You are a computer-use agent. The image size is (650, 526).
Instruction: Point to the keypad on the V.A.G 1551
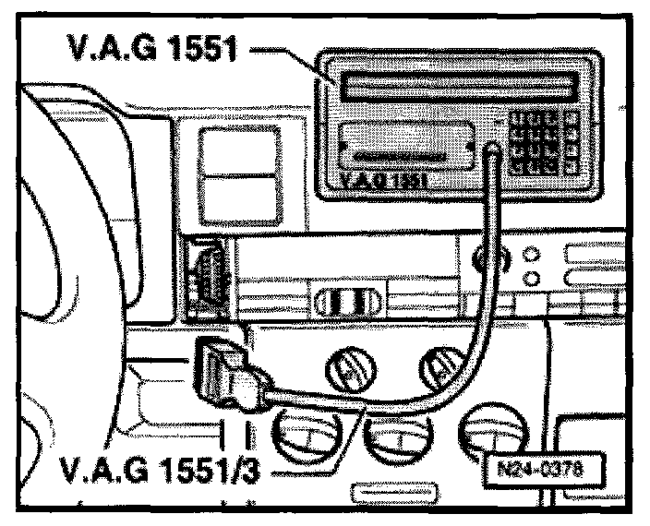coord(545,143)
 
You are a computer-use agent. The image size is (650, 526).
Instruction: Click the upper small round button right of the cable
coord(530,255)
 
